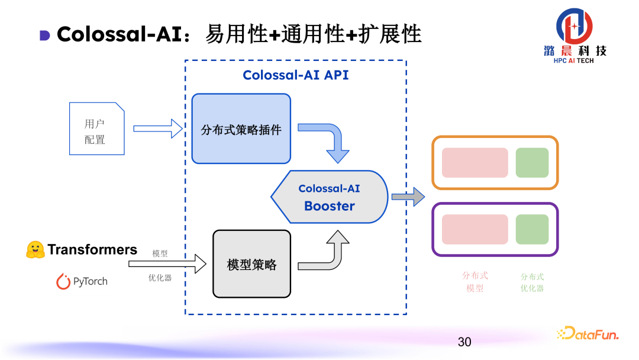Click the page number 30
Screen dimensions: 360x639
[x=464, y=342]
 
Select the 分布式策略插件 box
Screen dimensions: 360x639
[x=241, y=128]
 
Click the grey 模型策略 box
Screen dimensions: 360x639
[x=251, y=263]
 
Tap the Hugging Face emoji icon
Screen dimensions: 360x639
[x=35, y=250]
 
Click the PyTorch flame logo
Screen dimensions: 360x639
[x=63, y=281]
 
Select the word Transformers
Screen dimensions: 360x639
[x=92, y=250]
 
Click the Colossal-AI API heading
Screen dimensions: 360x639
[x=296, y=75]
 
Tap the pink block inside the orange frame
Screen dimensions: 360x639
[x=475, y=163]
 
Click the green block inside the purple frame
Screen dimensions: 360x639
[x=532, y=230]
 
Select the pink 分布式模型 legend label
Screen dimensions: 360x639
[x=475, y=282]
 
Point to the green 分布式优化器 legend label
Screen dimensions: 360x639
[x=532, y=282]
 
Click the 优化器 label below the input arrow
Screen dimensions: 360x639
[x=160, y=277]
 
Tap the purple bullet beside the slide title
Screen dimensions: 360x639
[x=45, y=35]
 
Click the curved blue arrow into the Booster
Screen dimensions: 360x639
[x=331, y=142]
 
